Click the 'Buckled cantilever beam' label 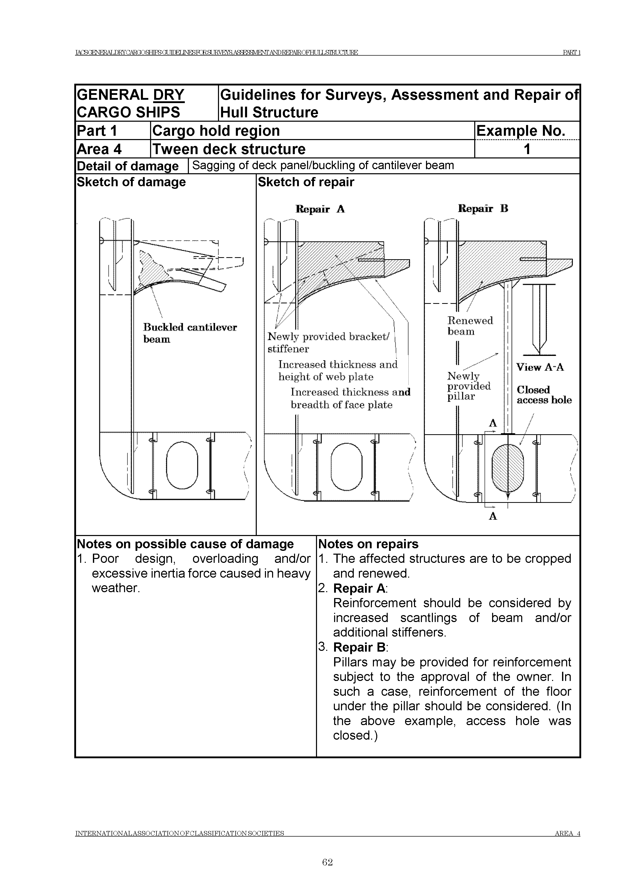(190, 333)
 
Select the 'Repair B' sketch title (483, 208)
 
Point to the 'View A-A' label (540, 367)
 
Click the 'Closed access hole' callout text (544, 395)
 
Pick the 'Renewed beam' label (470, 326)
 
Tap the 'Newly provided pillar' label (468, 386)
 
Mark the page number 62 (327, 862)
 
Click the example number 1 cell (527, 149)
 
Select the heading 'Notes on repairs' (368, 544)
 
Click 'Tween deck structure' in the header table (229, 149)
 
